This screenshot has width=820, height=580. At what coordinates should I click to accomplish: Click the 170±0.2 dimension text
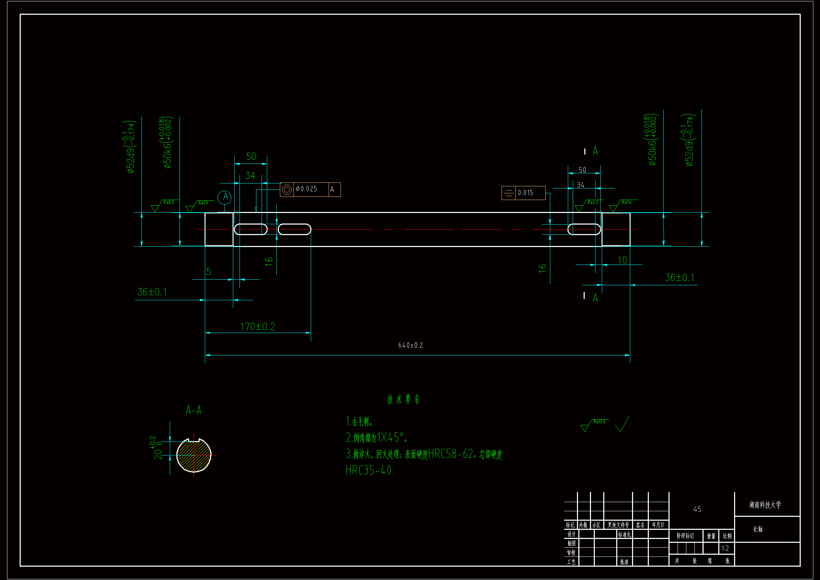pyautogui.click(x=257, y=327)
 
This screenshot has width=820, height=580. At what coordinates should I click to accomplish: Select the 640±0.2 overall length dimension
pyautogui.click(x=410, y=345)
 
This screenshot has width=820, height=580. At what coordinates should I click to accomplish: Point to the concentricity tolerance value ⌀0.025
pyautogui.click(x=307, y=189)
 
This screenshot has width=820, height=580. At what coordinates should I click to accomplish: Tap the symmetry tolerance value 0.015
pyautogui.click(x=525, y=193)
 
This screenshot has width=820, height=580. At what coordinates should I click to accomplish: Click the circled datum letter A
pyautogui.click(x=225, y=197)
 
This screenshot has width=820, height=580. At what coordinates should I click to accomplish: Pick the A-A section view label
pyautogui.click(x=194, y=410)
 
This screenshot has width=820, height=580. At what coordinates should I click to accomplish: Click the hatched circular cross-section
pyautogui.click(x=194, y=455)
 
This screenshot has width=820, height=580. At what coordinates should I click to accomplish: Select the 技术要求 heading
pyautogui.click(x=404, y=399)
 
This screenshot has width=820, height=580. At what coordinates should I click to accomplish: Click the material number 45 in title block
pyautogui.click(x=697, y=509)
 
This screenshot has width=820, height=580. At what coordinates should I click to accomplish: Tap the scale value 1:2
pyautogui.click(x=725, y=548)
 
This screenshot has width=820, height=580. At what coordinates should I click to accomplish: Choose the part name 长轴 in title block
pyautogui.click(x=758, y=529)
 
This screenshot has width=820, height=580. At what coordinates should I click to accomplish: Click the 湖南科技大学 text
pyautogui.click(x=765, y=505)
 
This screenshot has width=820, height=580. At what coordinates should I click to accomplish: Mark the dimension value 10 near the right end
pyautogui.click(x=622, y=260)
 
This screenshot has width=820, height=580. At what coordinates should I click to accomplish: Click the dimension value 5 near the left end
pyautogui.click(x=209, y=272)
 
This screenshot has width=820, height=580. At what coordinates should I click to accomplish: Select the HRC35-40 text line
pyautogui.click(x=370, y=470)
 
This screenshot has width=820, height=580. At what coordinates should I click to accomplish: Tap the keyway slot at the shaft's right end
pyautogui.click(x=584, y=229)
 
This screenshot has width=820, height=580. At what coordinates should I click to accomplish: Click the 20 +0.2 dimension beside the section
pyautogui.click(x=156, y=447)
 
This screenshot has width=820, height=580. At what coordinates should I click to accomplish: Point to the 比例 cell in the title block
pyautogui.click(x=727, y=536)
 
